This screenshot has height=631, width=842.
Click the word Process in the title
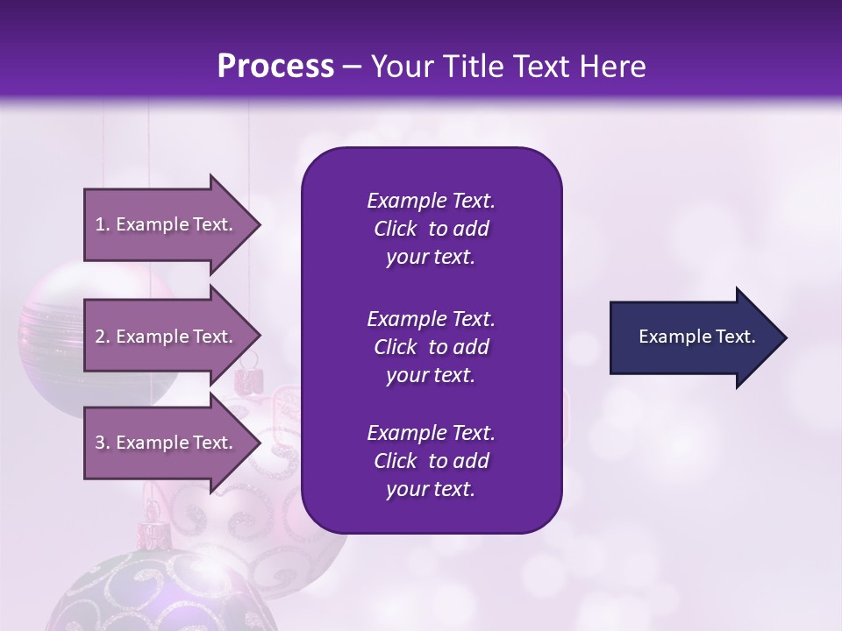click(275, 67)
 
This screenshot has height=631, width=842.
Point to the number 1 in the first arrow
click(100, 224)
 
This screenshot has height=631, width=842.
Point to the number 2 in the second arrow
click(100, 337)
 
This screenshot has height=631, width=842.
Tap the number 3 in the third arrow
click(100, 443)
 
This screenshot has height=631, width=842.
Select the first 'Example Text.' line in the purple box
click(431, 201)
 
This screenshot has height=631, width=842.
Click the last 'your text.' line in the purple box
click(431, 489)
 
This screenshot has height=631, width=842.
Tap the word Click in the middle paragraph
click(395, 347)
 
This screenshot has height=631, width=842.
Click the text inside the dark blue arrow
click(697, 337)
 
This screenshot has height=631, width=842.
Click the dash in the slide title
click(353, 67)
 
